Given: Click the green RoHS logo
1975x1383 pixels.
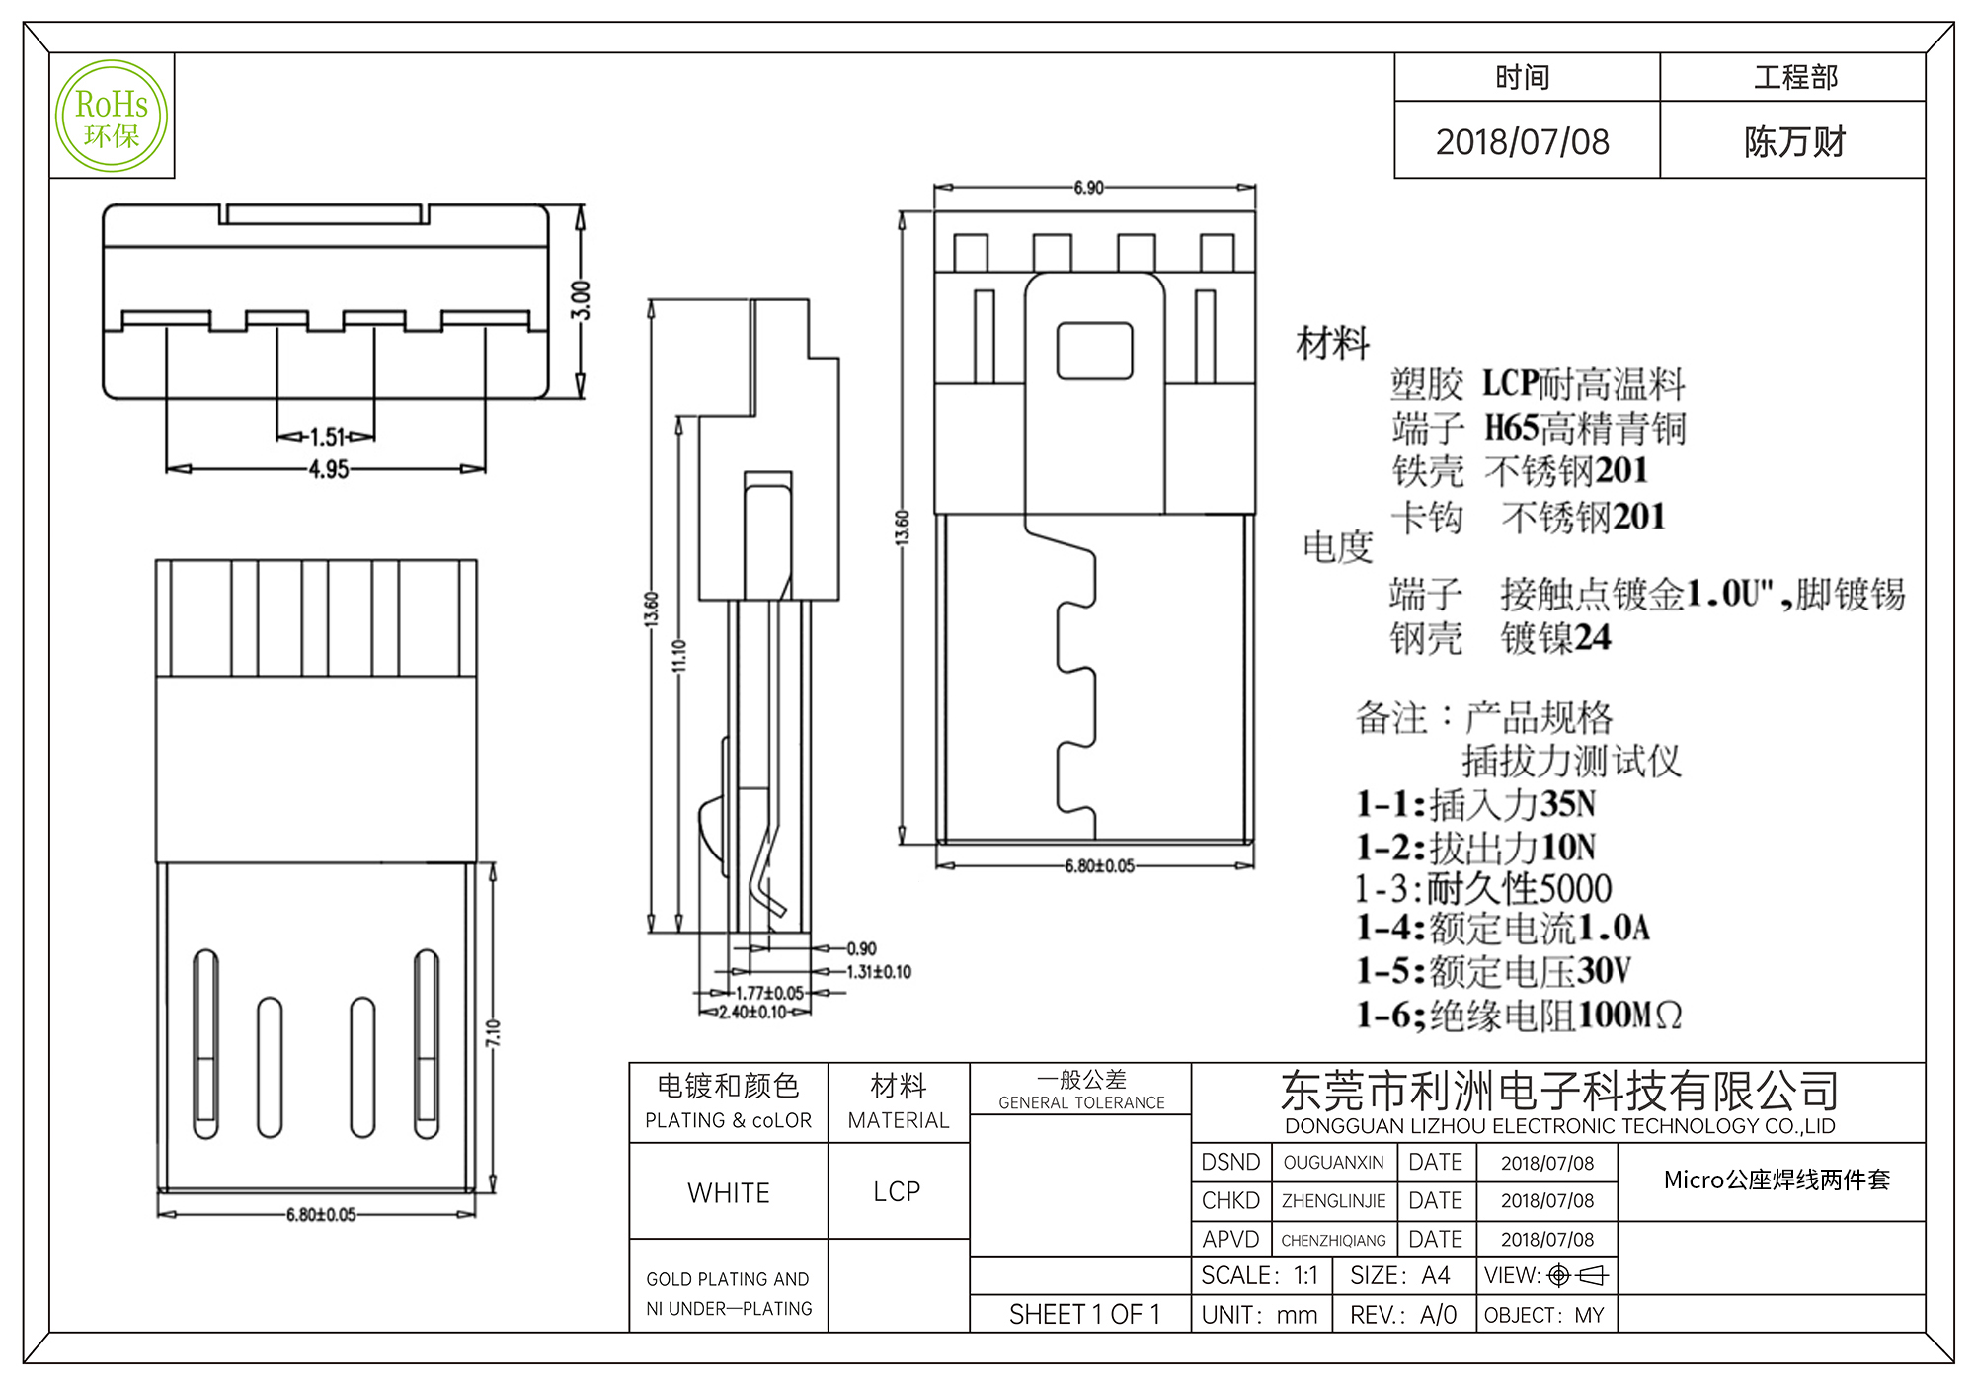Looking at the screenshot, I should pos(112,117).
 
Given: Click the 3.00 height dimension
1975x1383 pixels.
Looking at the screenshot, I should pos(582,300).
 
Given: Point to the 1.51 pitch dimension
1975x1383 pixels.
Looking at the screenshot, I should pos(327,436).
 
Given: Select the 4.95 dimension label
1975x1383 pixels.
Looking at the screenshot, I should pos(329,469).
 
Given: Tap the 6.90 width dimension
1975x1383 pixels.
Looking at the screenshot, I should pos(1088,188).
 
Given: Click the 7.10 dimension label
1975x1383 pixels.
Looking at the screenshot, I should pos(493,1033).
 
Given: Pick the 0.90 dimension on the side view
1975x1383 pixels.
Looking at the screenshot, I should pos(861,949).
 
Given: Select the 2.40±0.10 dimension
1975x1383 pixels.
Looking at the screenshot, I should pos(752,1013).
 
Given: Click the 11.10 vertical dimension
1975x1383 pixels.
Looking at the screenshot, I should pos(679,656).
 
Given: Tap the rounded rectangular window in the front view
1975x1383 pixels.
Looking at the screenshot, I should pos(1094,351).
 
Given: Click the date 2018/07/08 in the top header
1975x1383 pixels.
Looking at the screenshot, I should pos(1522,142).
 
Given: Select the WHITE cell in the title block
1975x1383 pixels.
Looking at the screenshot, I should pos(729,1193).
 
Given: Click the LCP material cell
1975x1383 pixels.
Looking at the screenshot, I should pos(897,1192).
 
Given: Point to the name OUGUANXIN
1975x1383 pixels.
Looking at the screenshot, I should pos(1333,1163).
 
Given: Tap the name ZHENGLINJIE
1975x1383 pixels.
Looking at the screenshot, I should pos(1333,1201).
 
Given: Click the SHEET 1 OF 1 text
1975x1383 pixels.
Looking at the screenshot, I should pos(1084,1315).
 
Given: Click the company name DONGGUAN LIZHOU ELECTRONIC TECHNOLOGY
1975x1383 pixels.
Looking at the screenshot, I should pos(1559,1126).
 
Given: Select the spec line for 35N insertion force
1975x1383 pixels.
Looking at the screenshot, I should pos(1476,804).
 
